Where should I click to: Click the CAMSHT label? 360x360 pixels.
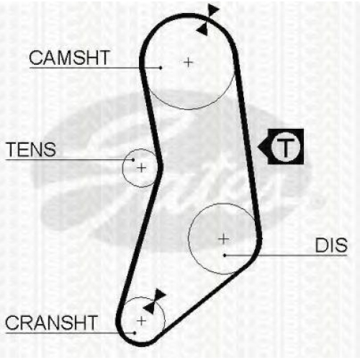click(x=69, y=58)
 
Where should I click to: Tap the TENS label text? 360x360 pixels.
click(x=31, y=149)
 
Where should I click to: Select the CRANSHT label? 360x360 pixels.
click(x=51, y=323)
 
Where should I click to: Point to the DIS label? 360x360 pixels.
click(x=331, y=246)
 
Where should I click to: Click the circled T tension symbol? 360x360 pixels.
click(x=286, y=147)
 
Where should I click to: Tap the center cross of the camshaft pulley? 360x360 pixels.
click(x=189, y=63)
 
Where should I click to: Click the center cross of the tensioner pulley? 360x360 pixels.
click(x=141, y=168)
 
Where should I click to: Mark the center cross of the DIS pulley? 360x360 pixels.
click(x=224, y=239)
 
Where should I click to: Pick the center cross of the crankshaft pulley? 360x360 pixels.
click(x=141, y=321)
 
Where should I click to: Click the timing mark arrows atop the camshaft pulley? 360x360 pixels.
click(x=207, y=20)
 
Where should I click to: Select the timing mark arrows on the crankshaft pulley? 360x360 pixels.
click(x=153, y=302)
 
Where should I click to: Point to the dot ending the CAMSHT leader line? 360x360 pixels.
click(x=161, y=68)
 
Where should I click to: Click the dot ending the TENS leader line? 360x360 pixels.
click(x=133, y=160)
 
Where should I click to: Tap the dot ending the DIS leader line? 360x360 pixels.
click(x=225, y=256)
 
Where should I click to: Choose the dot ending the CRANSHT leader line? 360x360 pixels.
click(x=135, y=333)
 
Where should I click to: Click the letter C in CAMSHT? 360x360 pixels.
click(x=36, y=58)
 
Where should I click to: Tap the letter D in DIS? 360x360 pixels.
click(x=321, y=246)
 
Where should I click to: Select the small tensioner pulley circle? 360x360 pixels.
click(x=122, y=168)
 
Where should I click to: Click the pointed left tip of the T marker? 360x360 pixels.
click(x=258, y=147)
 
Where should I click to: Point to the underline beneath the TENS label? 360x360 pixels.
click(x=70, y=160)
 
